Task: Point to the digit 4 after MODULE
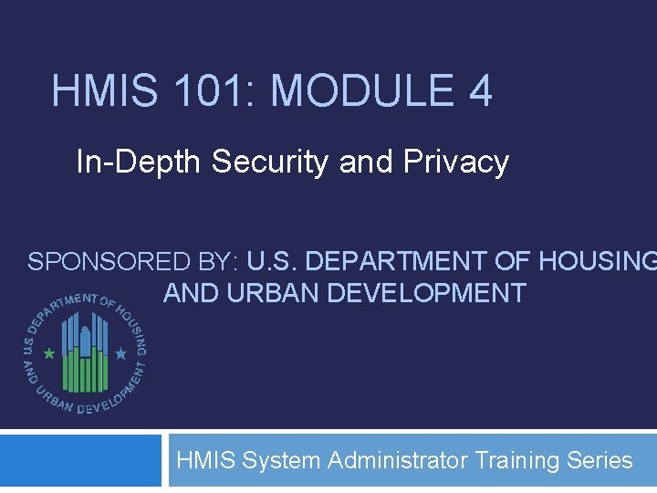pos(479,92)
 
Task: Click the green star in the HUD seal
pos(49,351)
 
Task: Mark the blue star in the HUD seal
pos(120,351)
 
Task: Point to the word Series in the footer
pos(600,460)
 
